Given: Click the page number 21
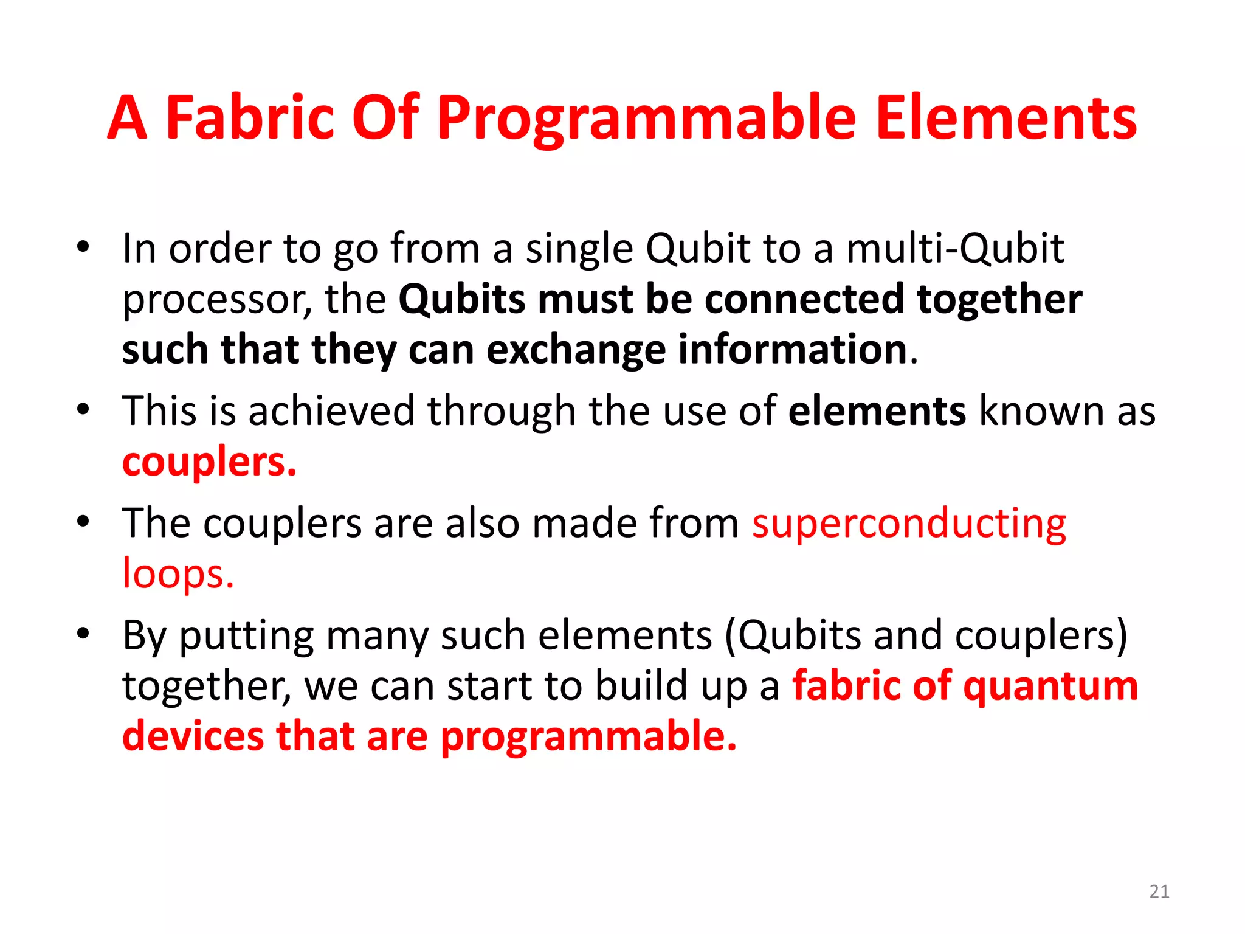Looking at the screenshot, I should point(1159,891).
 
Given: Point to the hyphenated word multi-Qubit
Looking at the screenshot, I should point(955,249).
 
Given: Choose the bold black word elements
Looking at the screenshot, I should point(877,411).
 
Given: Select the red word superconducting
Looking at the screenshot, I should point(909,524).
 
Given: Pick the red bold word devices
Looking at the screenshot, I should point(193,736).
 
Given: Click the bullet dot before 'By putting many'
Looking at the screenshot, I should point(83,634).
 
